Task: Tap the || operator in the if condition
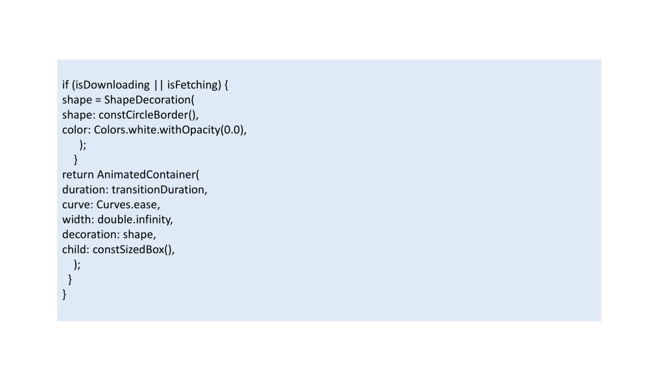(158, 85)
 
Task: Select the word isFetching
(192, 85)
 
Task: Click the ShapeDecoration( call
(149, 100)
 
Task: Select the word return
(78, 175)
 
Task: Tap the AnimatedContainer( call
(148, 175)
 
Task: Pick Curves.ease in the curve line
(126, 205)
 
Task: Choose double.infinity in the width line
(134, 219)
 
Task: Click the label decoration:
(91, 234)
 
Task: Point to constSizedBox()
(132, 249)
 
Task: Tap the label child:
(76, 249)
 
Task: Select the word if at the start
(65, 85)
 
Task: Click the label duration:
(85, 190)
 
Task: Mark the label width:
(78, 219)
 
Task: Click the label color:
(77, 130)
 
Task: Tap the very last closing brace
(64, 295)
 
